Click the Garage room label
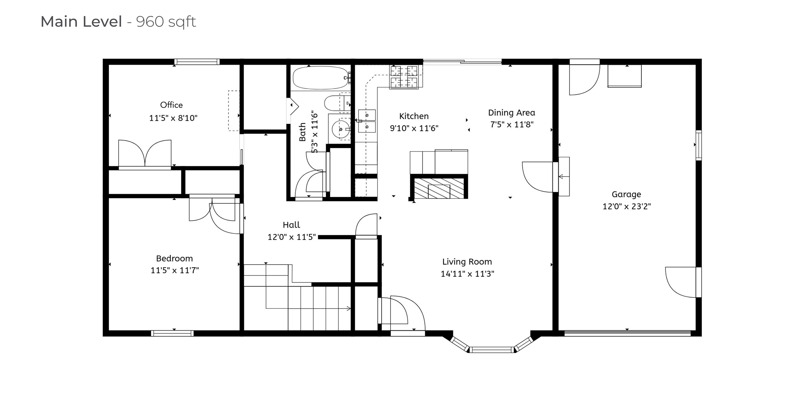(x=626, y=195)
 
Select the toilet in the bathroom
(x=337, y=103)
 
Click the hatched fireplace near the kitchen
(x=439, y=188)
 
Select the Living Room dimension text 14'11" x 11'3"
(x=467, y=274)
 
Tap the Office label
(x=171, y=105)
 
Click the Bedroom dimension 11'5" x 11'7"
(x=175, y=270)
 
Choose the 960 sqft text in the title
(x=166, y=22)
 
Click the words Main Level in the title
(x=81, y=22)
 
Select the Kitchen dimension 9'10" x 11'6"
(x=414, y=128)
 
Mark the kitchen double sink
(x=367, y=121)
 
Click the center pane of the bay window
(x=491, y=350)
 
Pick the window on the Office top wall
(x=197, y=62)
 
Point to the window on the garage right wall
(x=699, y=145)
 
